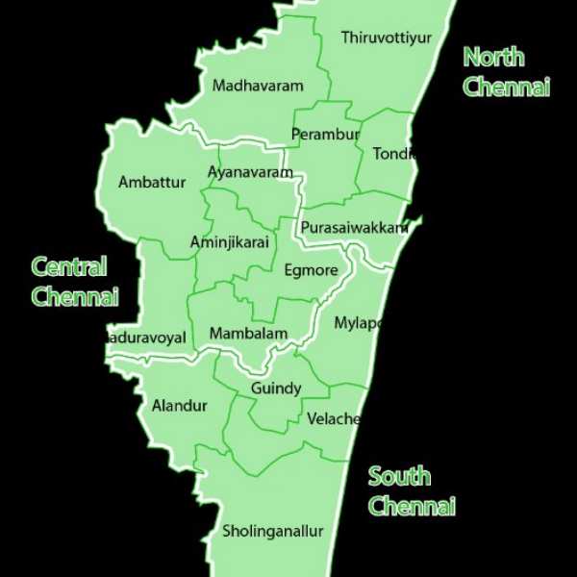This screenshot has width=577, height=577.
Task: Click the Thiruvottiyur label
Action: coord(387,38)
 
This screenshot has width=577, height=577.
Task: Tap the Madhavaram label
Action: coord(258,86)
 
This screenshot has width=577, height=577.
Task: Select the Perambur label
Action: coord(326,134)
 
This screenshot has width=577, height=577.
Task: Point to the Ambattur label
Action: coord(152,182)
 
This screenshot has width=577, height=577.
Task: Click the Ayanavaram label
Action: coord(250,172)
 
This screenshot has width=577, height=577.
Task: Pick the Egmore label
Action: coord(311,270)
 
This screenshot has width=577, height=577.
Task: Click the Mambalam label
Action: coord(248,334)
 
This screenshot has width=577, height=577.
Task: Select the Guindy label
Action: coord(276,389)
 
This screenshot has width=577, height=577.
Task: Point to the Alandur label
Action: coord(179,406)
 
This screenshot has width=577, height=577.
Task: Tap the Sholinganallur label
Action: coord(273,531)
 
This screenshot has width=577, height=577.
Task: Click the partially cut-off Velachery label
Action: coord(334,419)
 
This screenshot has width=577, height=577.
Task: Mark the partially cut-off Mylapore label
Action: coord(359,323)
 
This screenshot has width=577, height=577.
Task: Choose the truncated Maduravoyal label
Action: coord(145,338)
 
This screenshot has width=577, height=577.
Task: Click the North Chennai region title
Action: coord(506,71)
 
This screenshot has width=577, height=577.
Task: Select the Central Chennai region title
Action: coord(74,281)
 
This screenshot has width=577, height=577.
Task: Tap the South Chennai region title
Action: coord(412,490)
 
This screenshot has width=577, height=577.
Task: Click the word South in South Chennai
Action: coord(399,476)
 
